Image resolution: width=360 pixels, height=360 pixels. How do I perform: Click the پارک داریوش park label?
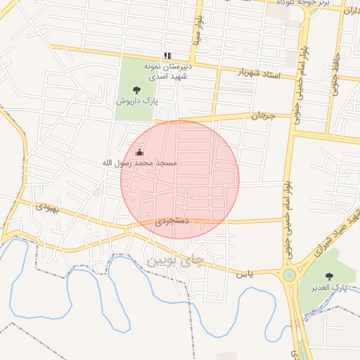136,101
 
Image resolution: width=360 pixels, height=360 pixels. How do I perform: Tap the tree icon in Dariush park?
136,89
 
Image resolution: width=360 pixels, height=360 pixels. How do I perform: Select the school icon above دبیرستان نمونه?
167,55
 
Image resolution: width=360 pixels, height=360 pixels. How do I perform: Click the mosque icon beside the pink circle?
139,152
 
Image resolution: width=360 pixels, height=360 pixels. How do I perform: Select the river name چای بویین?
177,262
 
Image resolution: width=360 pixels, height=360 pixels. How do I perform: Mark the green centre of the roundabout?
289,275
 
